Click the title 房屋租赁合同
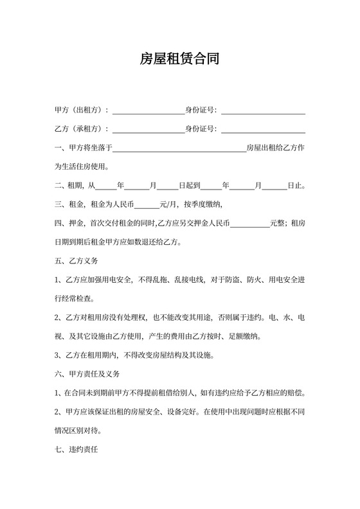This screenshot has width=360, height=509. [180, 60]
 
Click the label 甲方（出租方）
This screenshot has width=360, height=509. [83, 111]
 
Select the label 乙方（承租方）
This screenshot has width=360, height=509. [83, 129]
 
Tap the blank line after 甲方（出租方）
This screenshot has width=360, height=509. [148, 112]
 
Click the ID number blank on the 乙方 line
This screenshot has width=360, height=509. [263, 130]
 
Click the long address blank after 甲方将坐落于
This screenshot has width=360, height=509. [179, 150]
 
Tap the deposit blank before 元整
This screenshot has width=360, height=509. [249, 226]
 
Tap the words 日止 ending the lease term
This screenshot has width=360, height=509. [295, 186]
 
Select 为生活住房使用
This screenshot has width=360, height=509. [82, 167]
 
